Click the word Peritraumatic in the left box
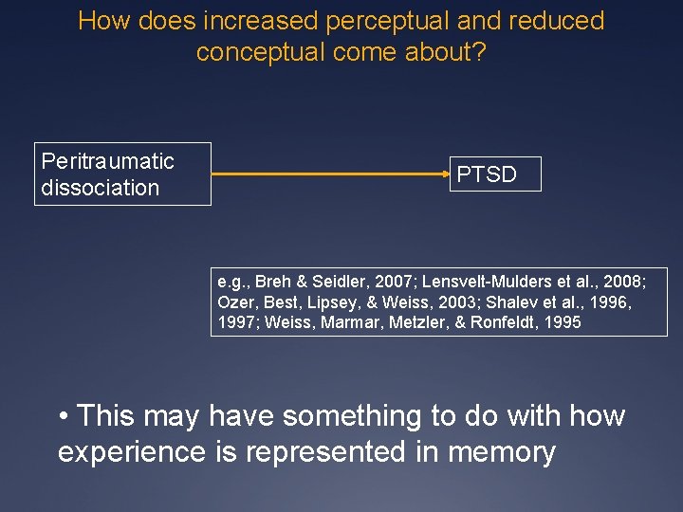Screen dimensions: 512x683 (x=108, y=161)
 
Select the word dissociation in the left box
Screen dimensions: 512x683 (x=101, y=188)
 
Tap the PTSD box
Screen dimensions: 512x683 (x=487, y=174)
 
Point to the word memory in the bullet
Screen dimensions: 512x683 (x=500, y=452)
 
